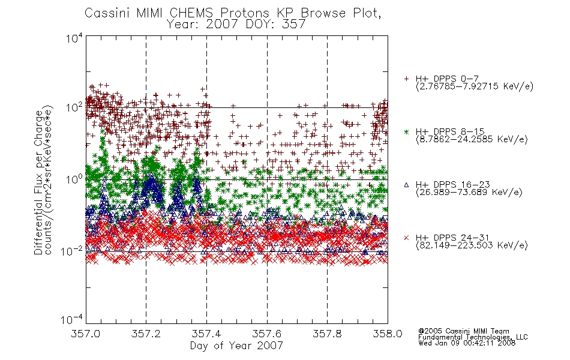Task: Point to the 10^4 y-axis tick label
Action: pos(74,38)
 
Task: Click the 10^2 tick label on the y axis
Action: pos(74,108)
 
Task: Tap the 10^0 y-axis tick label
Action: pos(74,179)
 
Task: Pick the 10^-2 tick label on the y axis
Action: pos(72,251)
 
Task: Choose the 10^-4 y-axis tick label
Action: pos(72,320)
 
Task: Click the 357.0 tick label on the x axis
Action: pos(86,334)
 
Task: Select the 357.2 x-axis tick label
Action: pos(146,334)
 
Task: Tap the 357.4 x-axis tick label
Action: pos(206,334)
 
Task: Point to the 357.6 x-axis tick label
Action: pos(267,334)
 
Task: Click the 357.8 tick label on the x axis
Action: pos(327,334)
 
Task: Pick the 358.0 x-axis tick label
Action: pos(388,334)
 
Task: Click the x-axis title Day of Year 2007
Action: pos(236,346)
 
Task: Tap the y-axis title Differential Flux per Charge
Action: pos(39,182)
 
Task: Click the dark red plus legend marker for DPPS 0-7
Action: pos(406,79)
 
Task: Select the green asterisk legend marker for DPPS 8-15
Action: pos(406,131)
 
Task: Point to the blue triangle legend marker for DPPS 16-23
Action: pos(406,185)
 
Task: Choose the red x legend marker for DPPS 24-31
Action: pos(406,238)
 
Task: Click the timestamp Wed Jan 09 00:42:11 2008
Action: pos(467,343)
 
